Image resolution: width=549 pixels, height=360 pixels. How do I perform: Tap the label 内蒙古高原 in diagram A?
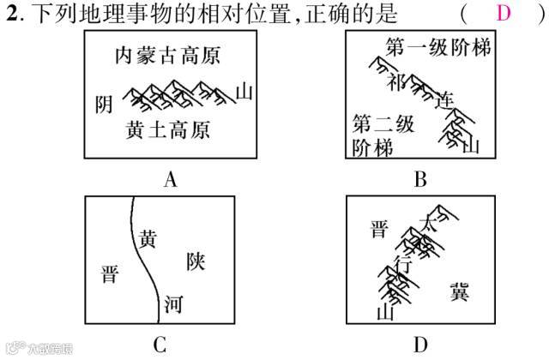tap(168, 57)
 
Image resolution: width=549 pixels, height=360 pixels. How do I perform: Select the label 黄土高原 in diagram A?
tap(168, 130)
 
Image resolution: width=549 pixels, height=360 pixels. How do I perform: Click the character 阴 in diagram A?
tap(104, 104)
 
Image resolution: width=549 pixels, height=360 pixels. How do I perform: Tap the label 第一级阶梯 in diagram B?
tap(438, 47)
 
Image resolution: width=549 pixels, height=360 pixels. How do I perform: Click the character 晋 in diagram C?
tap(109, 275)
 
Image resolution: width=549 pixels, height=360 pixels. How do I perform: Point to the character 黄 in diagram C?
tap(148, 237)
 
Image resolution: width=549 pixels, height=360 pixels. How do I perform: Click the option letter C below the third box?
tap(160, 345)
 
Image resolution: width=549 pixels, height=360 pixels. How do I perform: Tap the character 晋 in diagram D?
tap(378, 229)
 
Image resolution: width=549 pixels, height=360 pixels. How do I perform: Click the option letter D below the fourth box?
tap(419, 345)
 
